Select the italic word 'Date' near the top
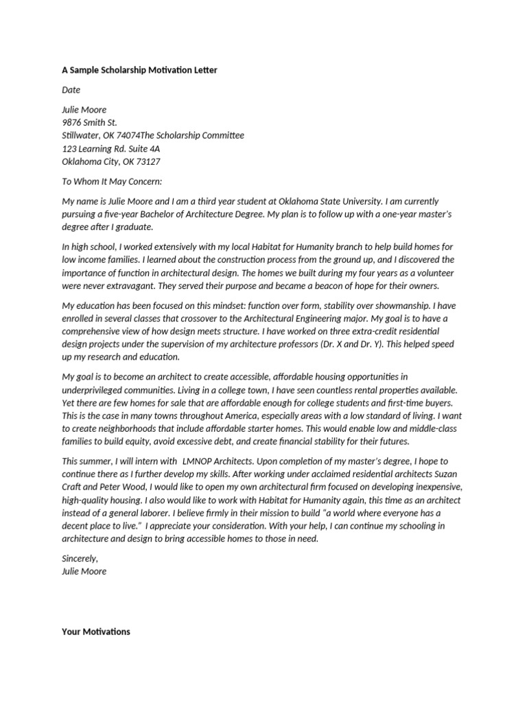(71, 90)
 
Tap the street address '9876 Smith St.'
(89, 122)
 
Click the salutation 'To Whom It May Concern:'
(112, 181)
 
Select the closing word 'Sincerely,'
(80, 558)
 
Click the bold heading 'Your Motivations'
(96, 631)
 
